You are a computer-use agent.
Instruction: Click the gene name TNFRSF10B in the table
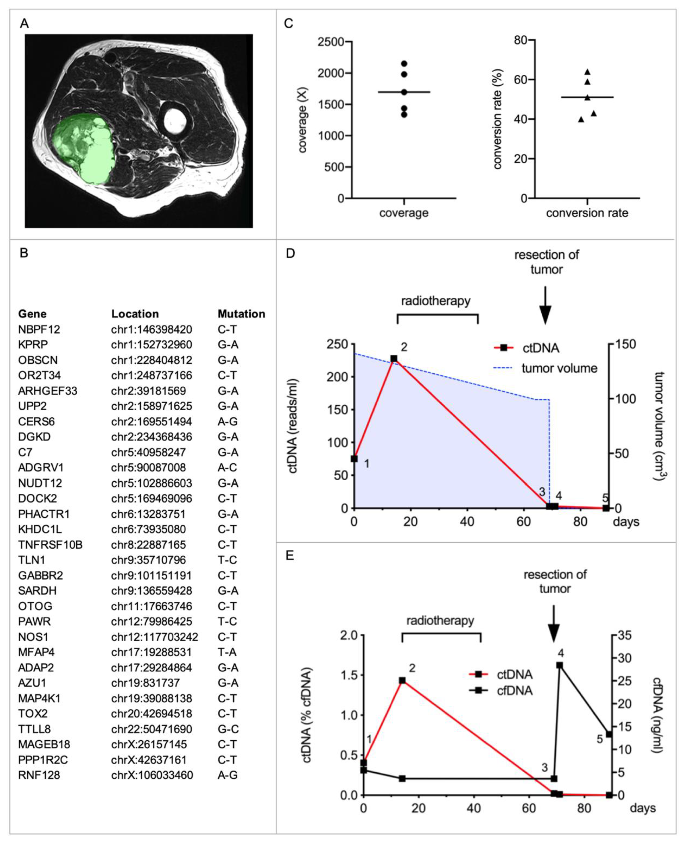(x=50, y=545)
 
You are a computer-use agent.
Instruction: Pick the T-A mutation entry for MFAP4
(x=227, y=652)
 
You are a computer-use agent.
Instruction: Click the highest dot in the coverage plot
(x=404, y=64)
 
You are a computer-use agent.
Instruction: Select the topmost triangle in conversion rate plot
(x=587, y=72)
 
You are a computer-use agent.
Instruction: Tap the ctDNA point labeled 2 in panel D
(x=394, y=358)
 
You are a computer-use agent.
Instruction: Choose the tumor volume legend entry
(x=559, y=368)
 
